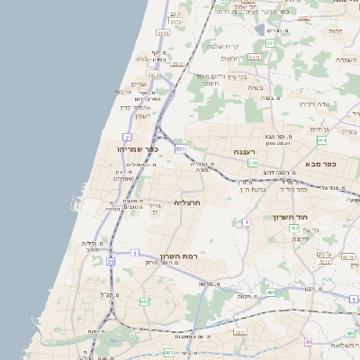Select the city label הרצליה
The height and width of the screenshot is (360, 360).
185,202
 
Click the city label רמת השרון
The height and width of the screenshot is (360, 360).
178,256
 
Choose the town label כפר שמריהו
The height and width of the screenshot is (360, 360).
138,148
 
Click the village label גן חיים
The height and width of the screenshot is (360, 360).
319,129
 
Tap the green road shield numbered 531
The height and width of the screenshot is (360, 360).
180,147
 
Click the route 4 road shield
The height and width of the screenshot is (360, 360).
246,220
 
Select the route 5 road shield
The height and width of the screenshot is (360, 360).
134,253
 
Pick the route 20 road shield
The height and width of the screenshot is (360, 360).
111,261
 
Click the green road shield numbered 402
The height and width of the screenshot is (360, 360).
294,229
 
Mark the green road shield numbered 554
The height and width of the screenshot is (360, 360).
321,140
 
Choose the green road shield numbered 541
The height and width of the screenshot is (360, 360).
253,163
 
